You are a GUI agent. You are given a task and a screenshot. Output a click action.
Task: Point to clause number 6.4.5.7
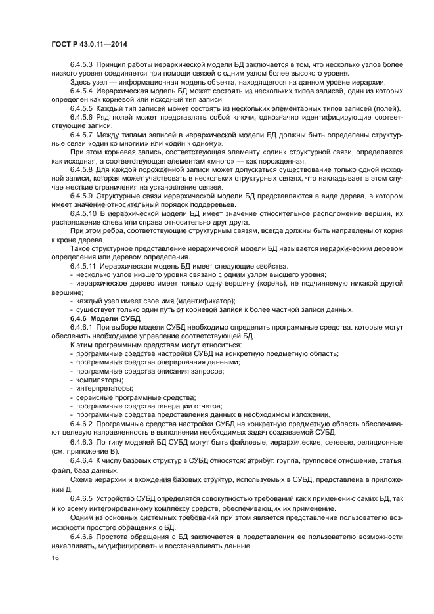[82, 134]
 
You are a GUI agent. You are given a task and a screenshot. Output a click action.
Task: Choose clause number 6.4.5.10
[84, 213]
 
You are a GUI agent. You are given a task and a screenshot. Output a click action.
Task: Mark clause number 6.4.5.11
[84, 266]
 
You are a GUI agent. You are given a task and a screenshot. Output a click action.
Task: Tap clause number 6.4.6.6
[82, 537]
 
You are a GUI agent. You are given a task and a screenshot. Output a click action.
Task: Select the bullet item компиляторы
[100, 379]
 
